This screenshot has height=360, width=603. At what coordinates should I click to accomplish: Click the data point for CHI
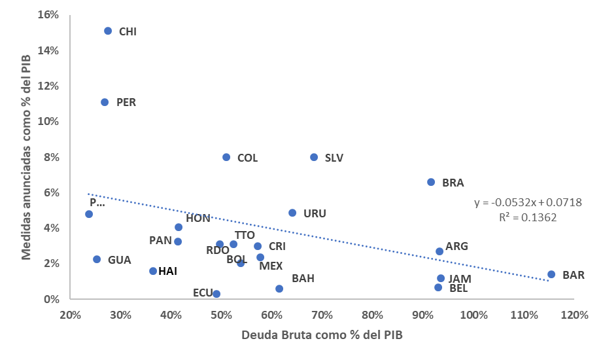click(108, 31)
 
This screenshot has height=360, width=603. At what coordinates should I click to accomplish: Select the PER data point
click(105, 102)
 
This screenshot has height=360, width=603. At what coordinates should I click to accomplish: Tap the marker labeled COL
click(226, 157)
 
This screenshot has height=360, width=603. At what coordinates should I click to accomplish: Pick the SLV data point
click(314, 157)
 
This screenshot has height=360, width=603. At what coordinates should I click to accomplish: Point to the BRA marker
click(431, 182)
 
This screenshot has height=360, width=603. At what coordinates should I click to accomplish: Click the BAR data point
click(551, 274)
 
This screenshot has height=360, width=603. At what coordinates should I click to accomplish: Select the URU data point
click(292, 213)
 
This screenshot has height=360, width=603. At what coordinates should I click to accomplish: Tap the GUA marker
click(97, 259)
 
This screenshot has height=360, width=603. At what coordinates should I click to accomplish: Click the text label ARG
click(457, 247)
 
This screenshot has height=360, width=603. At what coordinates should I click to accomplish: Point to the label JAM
click(459, 279)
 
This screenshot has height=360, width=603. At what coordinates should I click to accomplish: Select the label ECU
click(202, 293)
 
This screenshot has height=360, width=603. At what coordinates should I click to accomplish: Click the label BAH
click(303, 279)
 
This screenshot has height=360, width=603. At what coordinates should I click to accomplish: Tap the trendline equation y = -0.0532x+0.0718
click(528, 203)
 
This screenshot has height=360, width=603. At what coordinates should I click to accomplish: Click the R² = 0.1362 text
click(528, 217)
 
